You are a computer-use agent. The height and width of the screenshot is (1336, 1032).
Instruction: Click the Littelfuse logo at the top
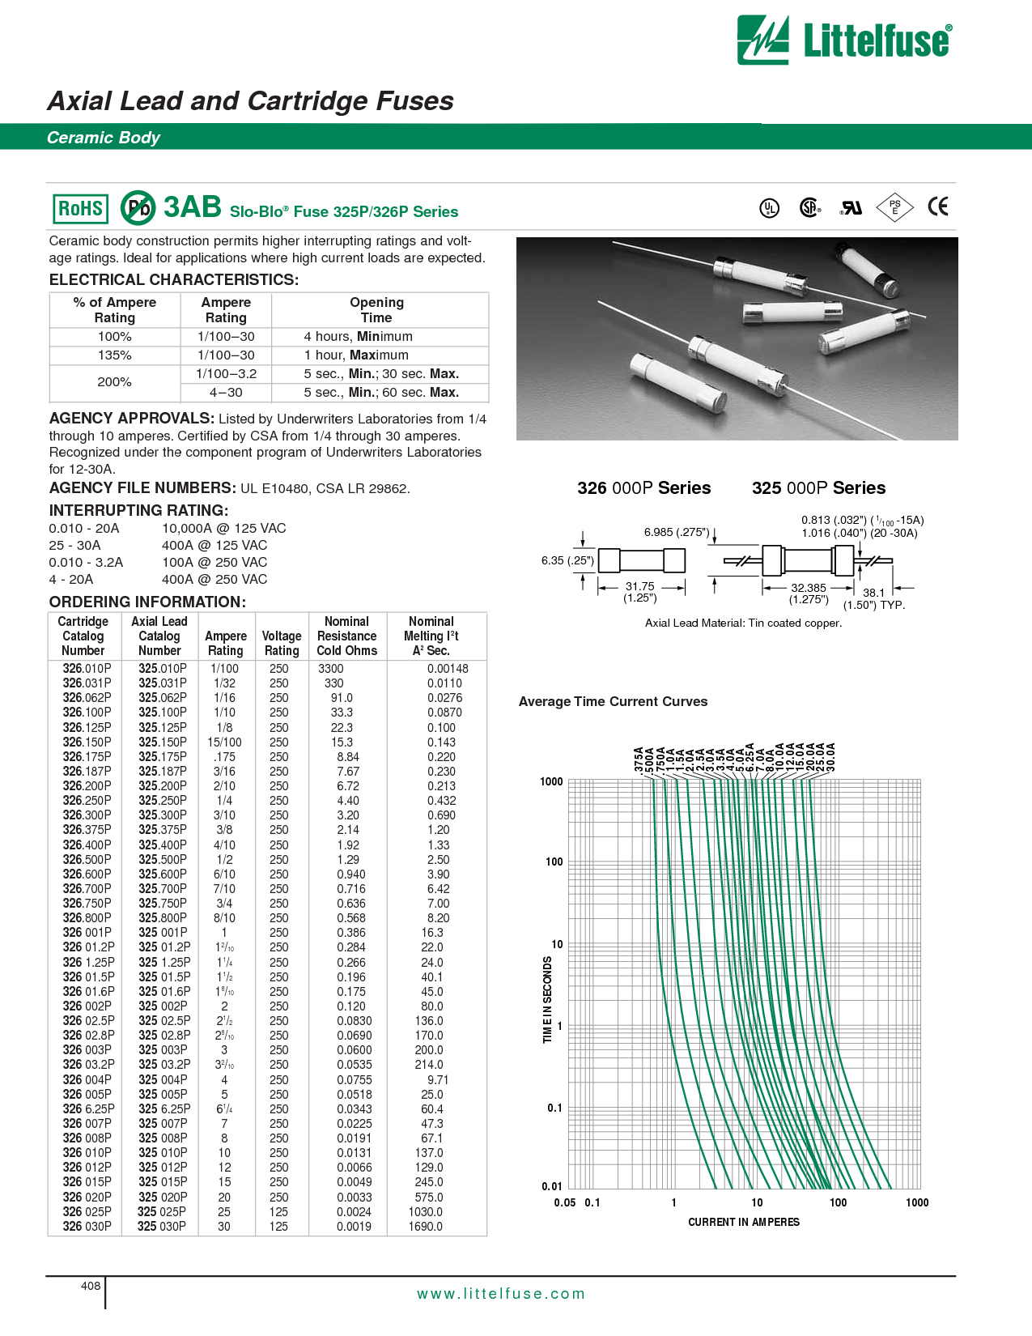pos(844,40)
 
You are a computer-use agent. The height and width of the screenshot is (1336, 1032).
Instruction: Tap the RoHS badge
pos(80,209)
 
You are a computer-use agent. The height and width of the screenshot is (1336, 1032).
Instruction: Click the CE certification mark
pos(937,207)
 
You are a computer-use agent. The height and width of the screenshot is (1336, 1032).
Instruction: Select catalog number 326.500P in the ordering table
pos(87,859)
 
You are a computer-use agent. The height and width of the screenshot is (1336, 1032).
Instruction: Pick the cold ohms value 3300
pos(330,669)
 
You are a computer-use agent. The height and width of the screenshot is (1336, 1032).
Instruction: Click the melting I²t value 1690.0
pos(425,1226)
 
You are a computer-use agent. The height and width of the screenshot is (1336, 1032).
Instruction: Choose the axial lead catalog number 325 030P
pos(162,1226)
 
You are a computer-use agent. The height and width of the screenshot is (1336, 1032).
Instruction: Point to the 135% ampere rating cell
pos(114,355)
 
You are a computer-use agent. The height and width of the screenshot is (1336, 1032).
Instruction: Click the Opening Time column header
pos(376,309)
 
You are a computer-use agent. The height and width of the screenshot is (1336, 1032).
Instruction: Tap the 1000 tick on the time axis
pos(551,781)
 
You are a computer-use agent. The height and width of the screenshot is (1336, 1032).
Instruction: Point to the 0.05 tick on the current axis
pos(564,1202)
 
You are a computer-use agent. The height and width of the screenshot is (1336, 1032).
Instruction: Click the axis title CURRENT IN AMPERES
pos(743,1222)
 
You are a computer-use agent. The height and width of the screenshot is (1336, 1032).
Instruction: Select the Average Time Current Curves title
pos(613,701)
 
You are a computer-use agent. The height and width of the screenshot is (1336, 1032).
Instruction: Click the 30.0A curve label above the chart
pos(830,757)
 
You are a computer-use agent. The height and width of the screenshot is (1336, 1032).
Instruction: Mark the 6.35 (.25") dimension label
pos(567,560)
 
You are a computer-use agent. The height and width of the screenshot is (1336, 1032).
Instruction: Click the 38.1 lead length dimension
pos(873,593)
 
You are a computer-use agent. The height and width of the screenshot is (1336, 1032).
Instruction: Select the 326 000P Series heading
pos(643,487)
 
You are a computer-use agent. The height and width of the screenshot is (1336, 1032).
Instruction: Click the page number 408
pos(91,1286)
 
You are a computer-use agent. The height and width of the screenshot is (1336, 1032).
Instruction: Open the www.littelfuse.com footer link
pos(500,1293)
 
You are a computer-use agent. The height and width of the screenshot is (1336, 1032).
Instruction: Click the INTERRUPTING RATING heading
pos(138,510)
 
